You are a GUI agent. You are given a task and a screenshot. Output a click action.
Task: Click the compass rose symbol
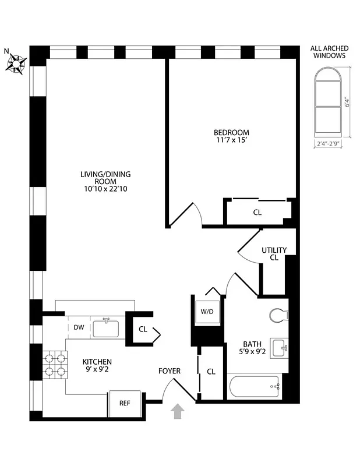[x=17, y=62]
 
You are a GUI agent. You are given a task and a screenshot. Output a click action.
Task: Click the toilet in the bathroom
[x=279, y=315]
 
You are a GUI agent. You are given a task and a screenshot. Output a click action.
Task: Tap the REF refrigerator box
[x=125, y=403]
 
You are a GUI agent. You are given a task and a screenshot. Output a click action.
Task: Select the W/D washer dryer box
[x=207, y=311]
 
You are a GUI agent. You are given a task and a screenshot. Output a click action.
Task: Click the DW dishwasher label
[x=79, y=327]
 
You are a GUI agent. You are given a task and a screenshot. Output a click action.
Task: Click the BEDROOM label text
[x=231, y=132]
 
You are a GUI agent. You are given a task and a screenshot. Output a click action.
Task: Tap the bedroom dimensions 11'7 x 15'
[x=231, y=140]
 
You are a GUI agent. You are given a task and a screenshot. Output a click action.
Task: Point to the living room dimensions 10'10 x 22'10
[x=105, y=189]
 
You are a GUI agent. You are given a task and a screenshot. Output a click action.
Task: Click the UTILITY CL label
[x=274, y=254]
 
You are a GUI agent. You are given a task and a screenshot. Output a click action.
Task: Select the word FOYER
[x=170, y=371]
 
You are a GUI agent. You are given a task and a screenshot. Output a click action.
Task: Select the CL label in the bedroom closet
[x=257, y=213]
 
